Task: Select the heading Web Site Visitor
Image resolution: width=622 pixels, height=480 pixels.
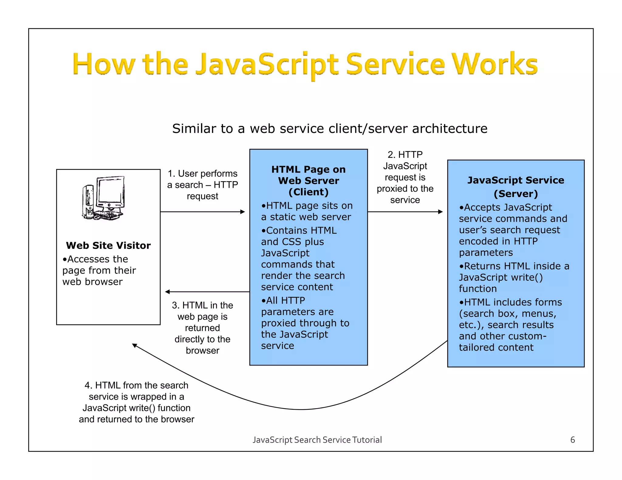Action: (108, 245)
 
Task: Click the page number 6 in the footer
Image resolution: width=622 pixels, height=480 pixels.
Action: (572, 440)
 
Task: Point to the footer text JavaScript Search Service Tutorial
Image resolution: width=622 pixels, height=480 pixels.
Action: (317, 440)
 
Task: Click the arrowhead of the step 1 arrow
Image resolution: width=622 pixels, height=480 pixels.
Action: (243, 212)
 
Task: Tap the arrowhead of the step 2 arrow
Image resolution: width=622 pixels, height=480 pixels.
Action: (441, 212)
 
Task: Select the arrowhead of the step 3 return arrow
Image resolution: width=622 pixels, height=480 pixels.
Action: (167, 292)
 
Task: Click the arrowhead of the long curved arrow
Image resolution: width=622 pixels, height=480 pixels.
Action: (135, 346)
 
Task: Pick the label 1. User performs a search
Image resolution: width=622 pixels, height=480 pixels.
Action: (203, 184)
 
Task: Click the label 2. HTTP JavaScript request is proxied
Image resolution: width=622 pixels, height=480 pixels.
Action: (405, 177)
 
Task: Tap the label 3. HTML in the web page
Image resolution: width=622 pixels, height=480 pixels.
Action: (203, 328)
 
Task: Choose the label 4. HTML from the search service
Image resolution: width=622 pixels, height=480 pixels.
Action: (136, 402)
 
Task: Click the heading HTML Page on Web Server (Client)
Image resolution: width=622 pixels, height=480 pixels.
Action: (308, 181)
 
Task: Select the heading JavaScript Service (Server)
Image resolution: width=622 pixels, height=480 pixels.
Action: (516, 187)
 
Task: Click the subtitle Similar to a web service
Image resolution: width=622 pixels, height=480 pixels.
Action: (330, 128)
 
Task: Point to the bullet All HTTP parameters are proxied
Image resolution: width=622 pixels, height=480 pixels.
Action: (305, 323)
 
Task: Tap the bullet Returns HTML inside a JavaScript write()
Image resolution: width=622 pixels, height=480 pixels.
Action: (514, 277)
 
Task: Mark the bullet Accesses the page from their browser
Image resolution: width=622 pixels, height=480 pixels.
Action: (99, 270)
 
